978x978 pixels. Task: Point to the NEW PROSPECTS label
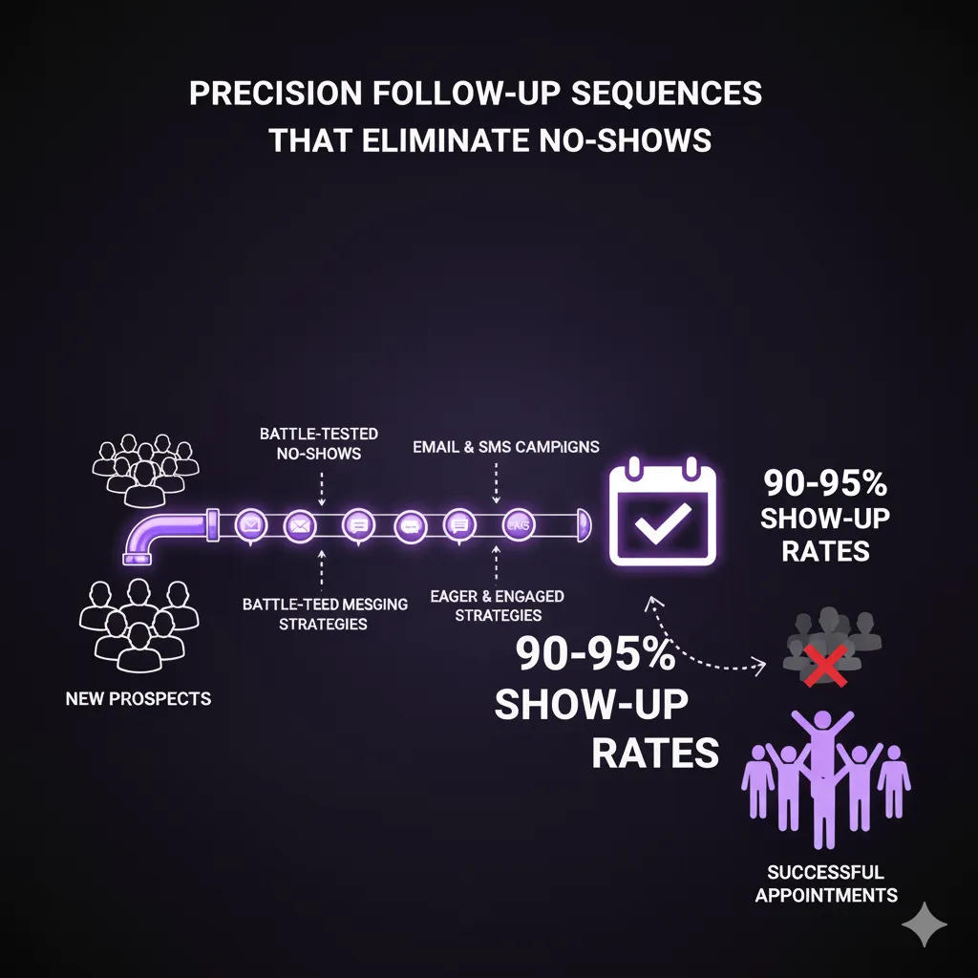(x=138, y=698)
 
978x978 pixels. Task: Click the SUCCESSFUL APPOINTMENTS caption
(x=826, y=883)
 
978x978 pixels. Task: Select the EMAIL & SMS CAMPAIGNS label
(x=505, y=447)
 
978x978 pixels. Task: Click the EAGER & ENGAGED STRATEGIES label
(x=498, y=606)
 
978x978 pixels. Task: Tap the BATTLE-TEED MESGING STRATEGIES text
(x=325, y=614)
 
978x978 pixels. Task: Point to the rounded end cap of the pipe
(x=584, y=524)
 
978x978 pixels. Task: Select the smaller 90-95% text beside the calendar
(x=825, y=483)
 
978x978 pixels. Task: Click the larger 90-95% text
(x=596, y=655)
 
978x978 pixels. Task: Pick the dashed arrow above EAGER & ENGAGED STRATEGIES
(x=497, y=565)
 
